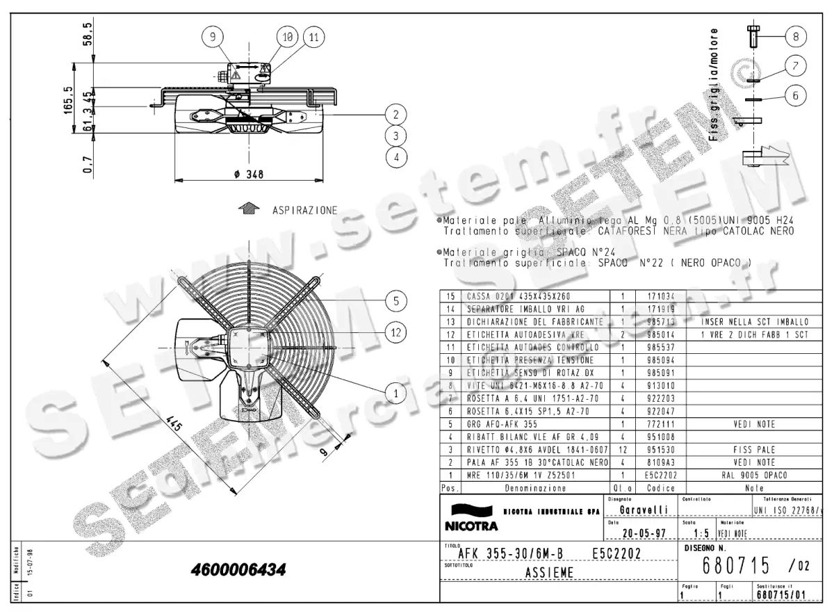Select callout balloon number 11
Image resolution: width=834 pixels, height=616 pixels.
pos(313,37)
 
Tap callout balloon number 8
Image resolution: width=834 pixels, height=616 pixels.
pos(796,35)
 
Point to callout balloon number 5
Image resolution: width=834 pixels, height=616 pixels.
pos(395,301)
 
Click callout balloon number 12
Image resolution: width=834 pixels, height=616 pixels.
pos(395,333)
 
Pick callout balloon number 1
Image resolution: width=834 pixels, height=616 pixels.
pos(395,394)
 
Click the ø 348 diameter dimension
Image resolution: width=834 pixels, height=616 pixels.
pos(248,175)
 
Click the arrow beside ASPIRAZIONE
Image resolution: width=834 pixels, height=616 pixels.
pos(247,209)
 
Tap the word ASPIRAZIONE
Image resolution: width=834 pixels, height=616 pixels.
pos(304,209)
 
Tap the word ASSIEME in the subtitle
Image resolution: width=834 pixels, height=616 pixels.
pos(549,574)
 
